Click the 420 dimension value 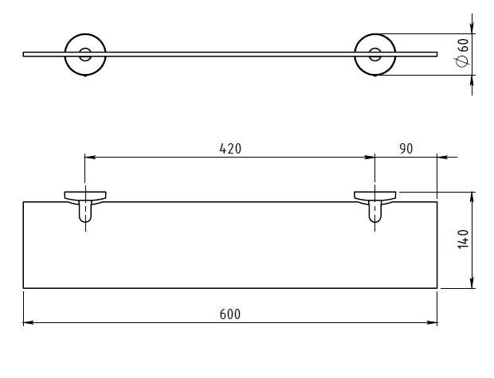point(230,149)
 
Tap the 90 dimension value point(406,149)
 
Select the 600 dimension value point(230,314)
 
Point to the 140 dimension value point(463,239)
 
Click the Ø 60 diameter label point(462,53)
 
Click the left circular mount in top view point(65,54)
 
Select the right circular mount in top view point(355,54)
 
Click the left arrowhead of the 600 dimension point(29,322)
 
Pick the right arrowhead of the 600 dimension point(432,322)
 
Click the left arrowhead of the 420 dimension point(90,157)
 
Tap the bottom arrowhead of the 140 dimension point(472,283)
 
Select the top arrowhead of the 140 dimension point(472,197)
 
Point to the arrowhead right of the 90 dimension point(442,157)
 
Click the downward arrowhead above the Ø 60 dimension point(472,29)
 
